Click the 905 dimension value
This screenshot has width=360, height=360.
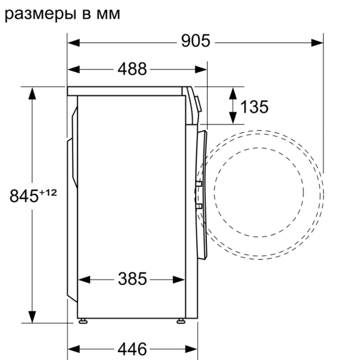point(196,41)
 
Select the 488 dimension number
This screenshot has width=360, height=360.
point(132,68)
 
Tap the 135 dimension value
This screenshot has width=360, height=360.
point(254,107)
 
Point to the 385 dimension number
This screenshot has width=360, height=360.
point(132,279)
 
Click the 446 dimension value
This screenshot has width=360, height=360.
point(132,349)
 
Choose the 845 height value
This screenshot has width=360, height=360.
point(24,196)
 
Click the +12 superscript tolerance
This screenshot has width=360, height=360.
point(48,192)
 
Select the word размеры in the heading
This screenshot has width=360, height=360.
point(40,14)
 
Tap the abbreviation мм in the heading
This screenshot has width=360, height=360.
point(108,14)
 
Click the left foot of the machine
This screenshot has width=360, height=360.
point(83,321)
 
